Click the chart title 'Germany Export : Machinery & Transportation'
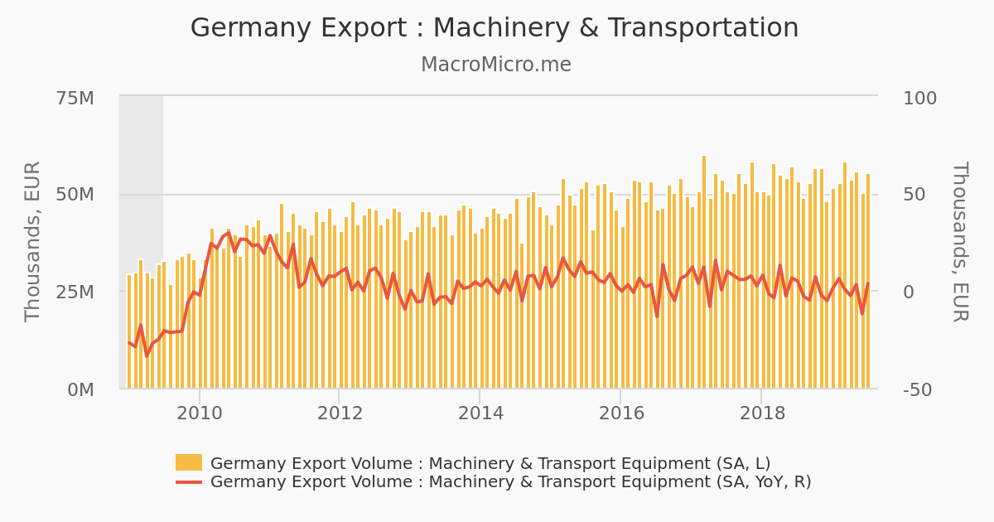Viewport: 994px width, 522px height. [495, 28]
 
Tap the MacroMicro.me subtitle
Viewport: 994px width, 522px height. [495, 65]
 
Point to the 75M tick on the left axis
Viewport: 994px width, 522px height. [75, 99]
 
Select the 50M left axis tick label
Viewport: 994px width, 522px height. [75, 195]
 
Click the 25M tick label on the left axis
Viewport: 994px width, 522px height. [75, 292]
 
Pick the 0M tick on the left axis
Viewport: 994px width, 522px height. [80, 389]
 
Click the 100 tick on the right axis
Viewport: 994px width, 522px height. [919, 99]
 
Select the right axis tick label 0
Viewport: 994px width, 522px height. [908, 292]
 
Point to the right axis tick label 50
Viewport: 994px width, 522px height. [914, 195]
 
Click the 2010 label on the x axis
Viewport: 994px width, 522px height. [200, 413]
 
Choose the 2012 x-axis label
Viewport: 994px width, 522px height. [340, 413]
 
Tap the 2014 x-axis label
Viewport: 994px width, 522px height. [480, 413]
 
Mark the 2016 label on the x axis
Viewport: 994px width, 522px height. [621, 413]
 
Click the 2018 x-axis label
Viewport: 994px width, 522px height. [761, 413]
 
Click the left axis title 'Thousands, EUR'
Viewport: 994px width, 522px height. [33, 241]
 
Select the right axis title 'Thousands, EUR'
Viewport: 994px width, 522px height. [959, 241]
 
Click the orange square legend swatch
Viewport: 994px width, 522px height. [189, 462]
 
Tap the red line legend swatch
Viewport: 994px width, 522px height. [189, 482]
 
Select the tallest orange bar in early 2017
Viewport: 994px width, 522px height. [704, 273]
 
